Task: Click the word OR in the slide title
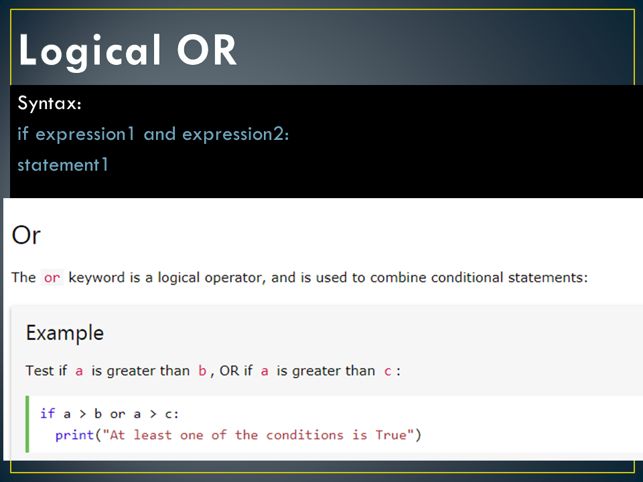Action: click(207, 51)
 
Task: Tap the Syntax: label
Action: click(50, 104)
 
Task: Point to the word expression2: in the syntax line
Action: click(236, 135)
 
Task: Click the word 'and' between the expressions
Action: click(159, 135)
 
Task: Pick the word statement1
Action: click(63, 165)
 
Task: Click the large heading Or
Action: click(26, 236)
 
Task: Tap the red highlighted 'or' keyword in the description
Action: click(52, 277)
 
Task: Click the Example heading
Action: click(65, 333)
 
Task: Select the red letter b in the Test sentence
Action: click(202, 371)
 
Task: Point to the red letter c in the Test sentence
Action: click(387, 371)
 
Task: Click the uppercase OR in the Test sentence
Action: click(229, 371)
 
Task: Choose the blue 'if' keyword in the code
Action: click(47, 414)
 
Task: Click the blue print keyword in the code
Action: click(74, 435)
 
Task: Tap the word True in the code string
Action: click(391, 435)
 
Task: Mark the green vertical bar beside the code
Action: click(27, 424)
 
